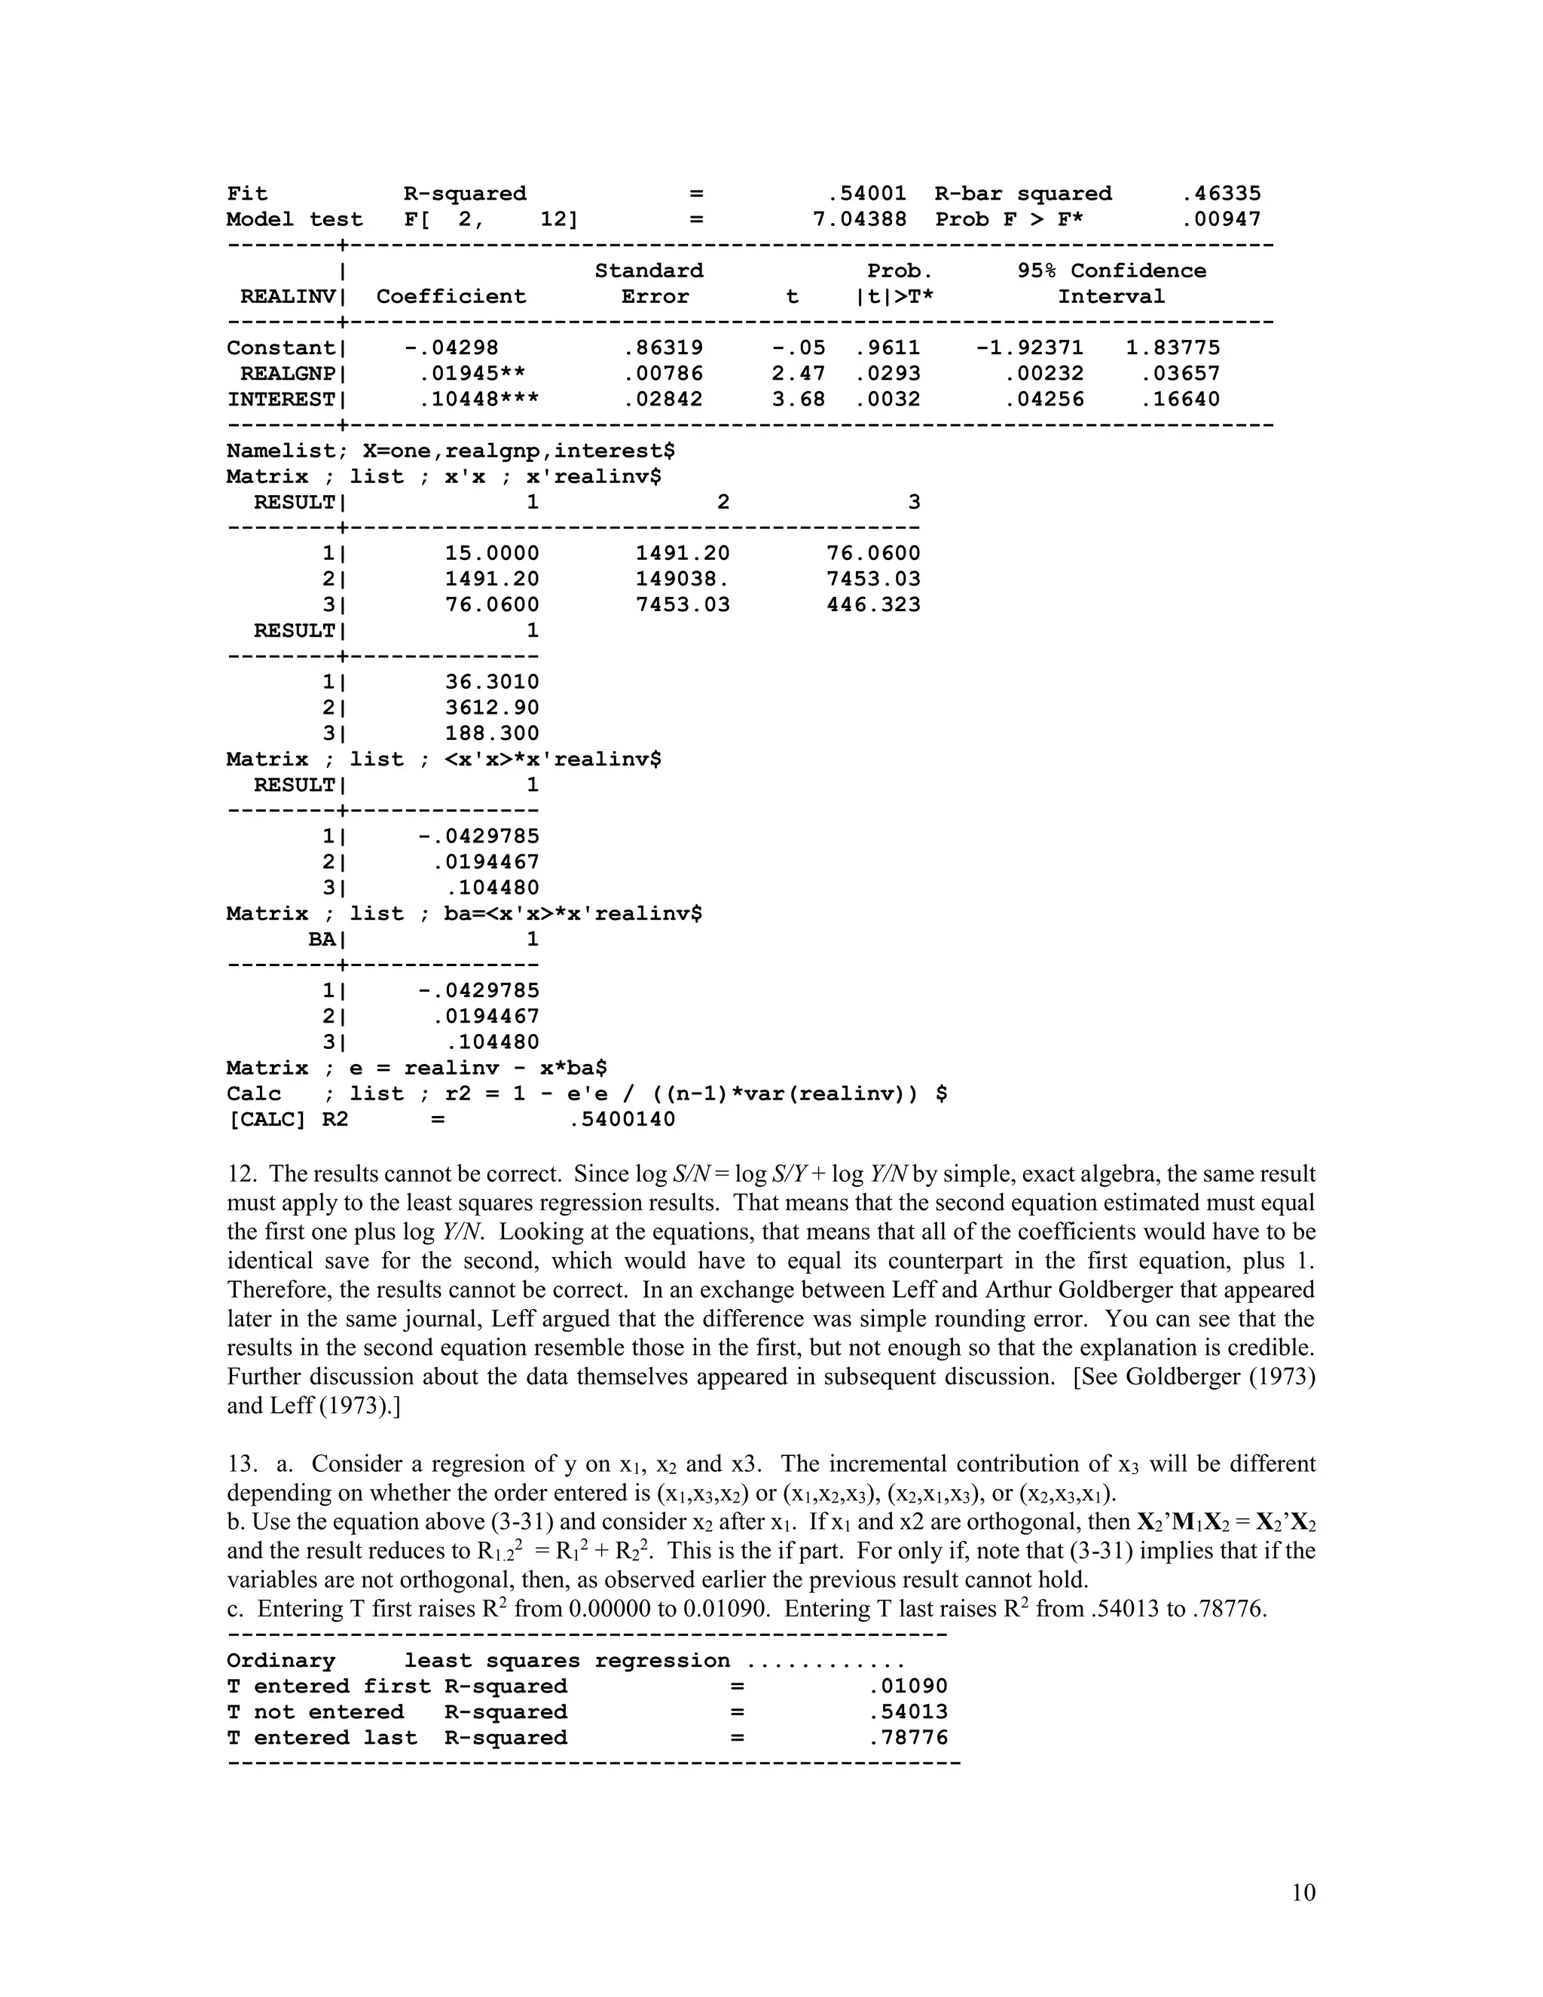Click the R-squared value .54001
point(866,194)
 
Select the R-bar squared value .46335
point(1221,194)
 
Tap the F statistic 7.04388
point(859,219)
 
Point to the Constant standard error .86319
point(663,348)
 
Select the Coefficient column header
point(451,297)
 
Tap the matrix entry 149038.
point(682,580)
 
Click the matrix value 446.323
point(873,605)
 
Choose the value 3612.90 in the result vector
point(492,708)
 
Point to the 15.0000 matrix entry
point(492,554)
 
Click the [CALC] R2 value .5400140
point(622,1120)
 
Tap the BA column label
point(321,940)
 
